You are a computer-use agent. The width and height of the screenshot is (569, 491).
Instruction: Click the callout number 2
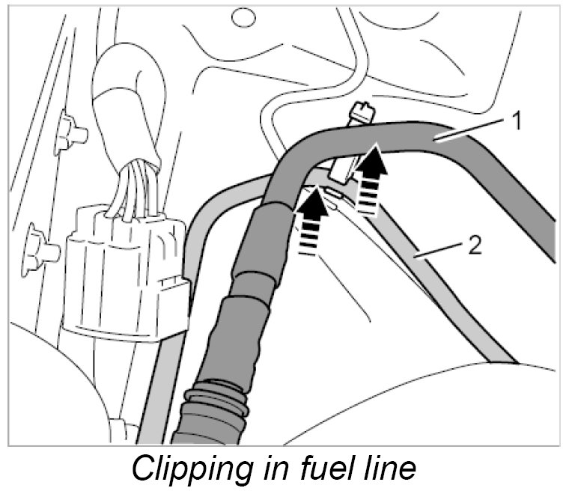click(474, 246)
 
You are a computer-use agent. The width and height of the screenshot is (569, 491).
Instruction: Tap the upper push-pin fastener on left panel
click(71, 133)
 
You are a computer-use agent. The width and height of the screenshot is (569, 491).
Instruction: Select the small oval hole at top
click(242, 16)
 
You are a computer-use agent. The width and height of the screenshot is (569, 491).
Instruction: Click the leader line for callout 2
click(442, 251)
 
